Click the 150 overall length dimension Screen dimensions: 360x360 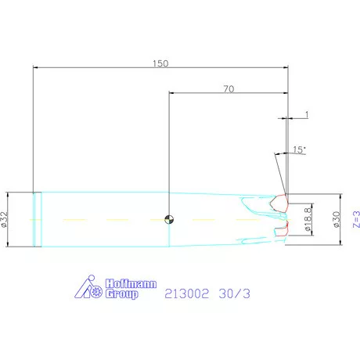(x=160, y=63)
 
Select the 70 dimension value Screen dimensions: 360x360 (x=229, y=89)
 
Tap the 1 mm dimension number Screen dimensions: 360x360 (x=307, y=114)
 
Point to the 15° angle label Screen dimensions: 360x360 (x=299, y=149)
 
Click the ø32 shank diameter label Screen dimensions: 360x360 (x=5, y=219)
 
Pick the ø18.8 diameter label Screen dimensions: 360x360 (x=308, y=219)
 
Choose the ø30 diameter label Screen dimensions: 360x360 (x=337, y=219)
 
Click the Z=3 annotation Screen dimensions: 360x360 (x=356, y=219)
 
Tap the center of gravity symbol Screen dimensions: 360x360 (x=169, y=219)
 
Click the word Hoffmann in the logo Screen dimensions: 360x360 (x=131, y=283)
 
